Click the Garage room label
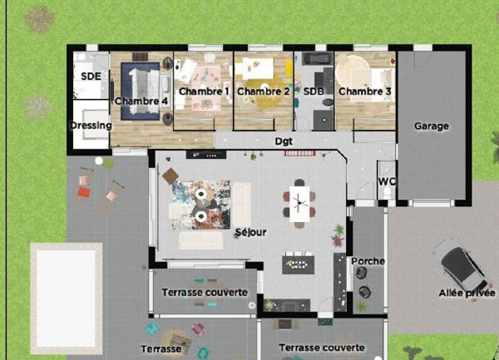(431, 126)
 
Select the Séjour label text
(250, 232)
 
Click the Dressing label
(91, 126)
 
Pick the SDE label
(91, 76)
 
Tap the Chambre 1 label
(204, 91)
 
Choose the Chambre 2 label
(263, 91)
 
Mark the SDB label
(313, 91)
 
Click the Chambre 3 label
(364, 91)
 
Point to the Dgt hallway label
(284, 141)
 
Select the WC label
(386, 180)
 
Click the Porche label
(368, 261)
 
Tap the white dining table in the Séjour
(299, 200)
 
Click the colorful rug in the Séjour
(200, 204)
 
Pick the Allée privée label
(467, 293)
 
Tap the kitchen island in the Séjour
(299, 264)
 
